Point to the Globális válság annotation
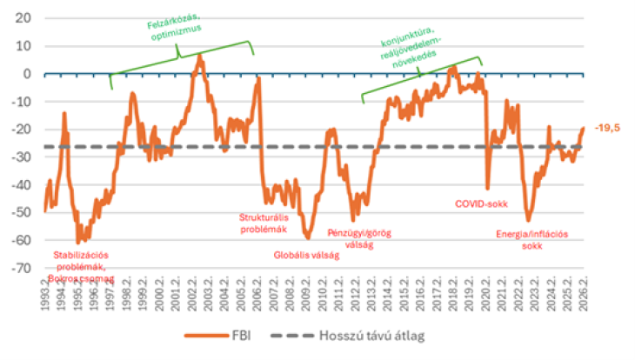[306, 255]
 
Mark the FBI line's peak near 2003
[201, 55]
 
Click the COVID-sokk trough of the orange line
[488, 188]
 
